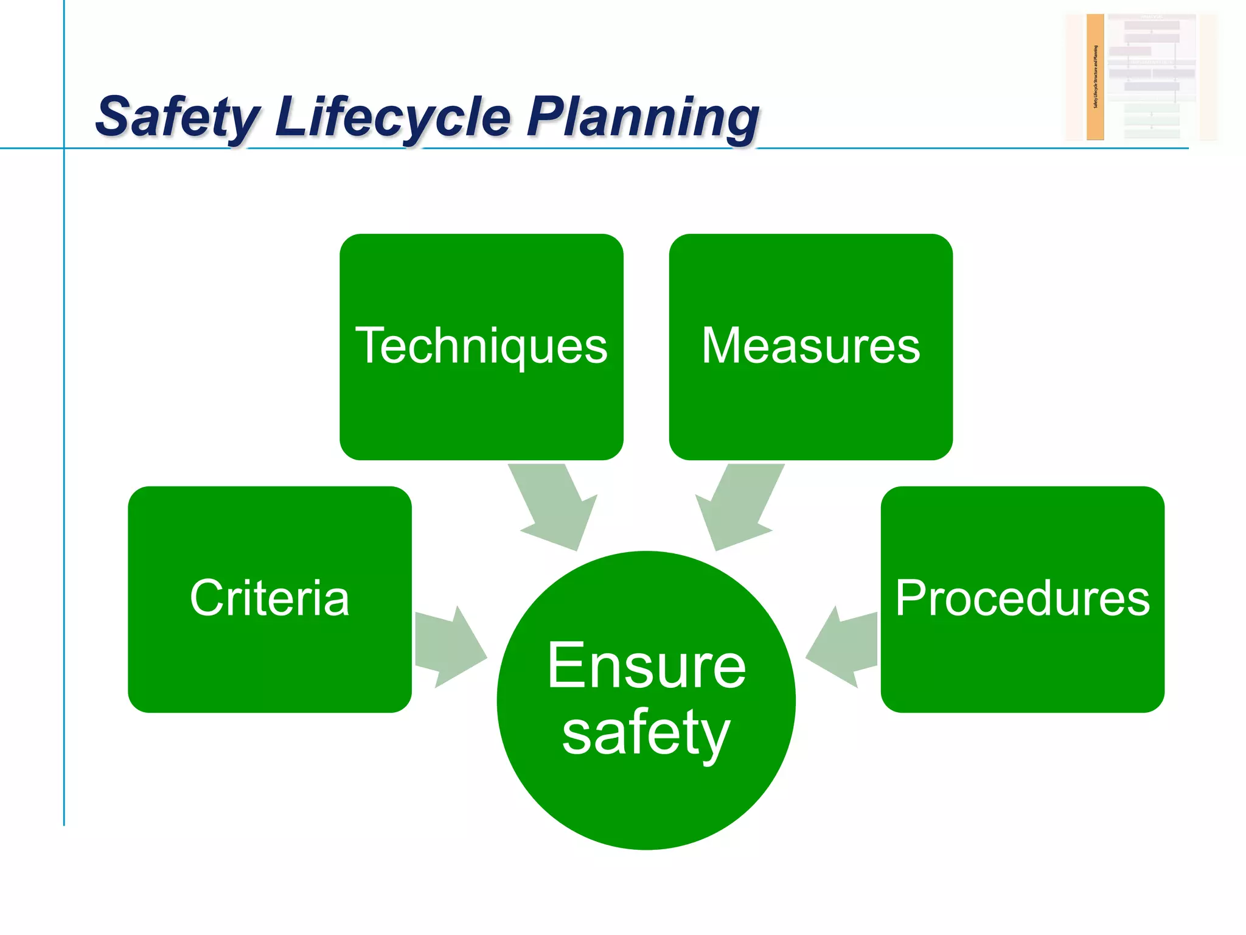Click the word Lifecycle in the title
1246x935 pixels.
pos(393,117)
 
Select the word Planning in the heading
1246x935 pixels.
pos(642,117)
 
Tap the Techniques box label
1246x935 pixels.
pos(481,346)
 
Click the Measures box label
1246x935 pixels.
pos(810,346)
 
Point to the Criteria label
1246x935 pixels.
pos(270,598)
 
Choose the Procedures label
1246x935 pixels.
pos(1022,598)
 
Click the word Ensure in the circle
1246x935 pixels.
pos(646,666)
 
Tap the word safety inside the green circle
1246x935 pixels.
pos(646,733)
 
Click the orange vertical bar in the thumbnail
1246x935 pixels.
pos(1095,77)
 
